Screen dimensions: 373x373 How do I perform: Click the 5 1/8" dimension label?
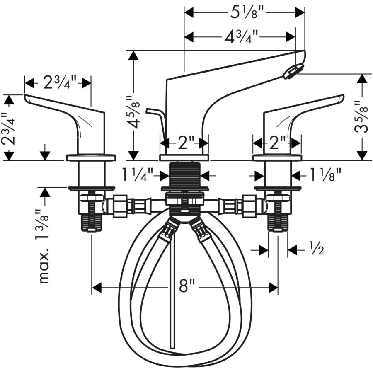point(244,13)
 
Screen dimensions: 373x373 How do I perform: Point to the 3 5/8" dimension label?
point(361,116)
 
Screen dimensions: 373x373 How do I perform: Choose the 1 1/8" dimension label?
point(326,175)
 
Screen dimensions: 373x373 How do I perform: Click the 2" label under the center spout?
point(183,143)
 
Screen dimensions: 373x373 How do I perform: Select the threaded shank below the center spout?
point(184,174)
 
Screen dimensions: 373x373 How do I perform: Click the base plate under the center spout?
point(184,157)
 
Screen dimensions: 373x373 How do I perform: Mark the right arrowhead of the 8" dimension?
point(274,287)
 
